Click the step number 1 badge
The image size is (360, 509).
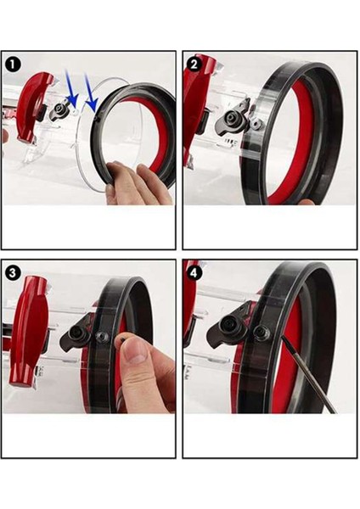(12, 63)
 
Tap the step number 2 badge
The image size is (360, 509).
(194, 63)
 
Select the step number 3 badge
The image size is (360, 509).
(12, 271)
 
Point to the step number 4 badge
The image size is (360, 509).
(194, 271)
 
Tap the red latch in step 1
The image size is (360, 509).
(34, 105)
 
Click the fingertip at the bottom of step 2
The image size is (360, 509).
(306, 201)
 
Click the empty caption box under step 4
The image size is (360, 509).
(270, 435)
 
